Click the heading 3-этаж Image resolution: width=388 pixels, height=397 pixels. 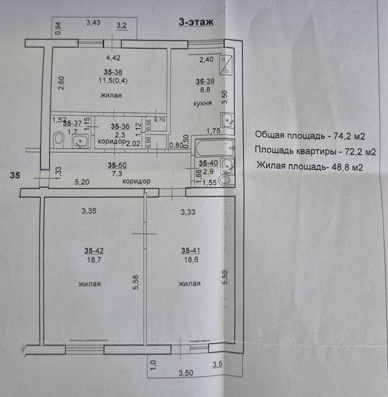point(196,22)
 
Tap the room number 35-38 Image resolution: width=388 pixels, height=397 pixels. point(113,72)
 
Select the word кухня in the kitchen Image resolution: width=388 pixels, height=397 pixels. point(202,103)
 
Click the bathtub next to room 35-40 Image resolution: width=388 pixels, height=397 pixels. point(215,147)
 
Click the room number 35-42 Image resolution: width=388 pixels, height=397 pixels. point(94,251)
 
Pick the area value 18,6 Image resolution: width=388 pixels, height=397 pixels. point(191,259)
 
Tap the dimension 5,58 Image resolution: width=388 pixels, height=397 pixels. point(136,282)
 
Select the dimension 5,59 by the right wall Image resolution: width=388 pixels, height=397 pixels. point(225,277)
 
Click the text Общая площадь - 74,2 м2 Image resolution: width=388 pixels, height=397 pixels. point(310,136)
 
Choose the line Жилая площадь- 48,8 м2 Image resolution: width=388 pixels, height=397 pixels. point(310,167)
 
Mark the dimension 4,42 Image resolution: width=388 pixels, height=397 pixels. point(113,58)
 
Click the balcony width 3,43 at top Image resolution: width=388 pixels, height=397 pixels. point(93,23)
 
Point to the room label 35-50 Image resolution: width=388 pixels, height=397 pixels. point(117,165)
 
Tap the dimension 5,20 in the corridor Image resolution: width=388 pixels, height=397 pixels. point(82,182)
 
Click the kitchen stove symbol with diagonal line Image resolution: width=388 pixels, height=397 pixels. point(225,65)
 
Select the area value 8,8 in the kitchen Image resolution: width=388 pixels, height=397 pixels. point(205,89)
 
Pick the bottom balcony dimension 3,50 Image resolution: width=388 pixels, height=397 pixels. point(186,373)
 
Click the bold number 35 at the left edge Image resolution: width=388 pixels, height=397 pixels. point(15,175)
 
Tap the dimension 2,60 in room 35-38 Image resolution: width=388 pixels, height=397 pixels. point(61,83)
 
